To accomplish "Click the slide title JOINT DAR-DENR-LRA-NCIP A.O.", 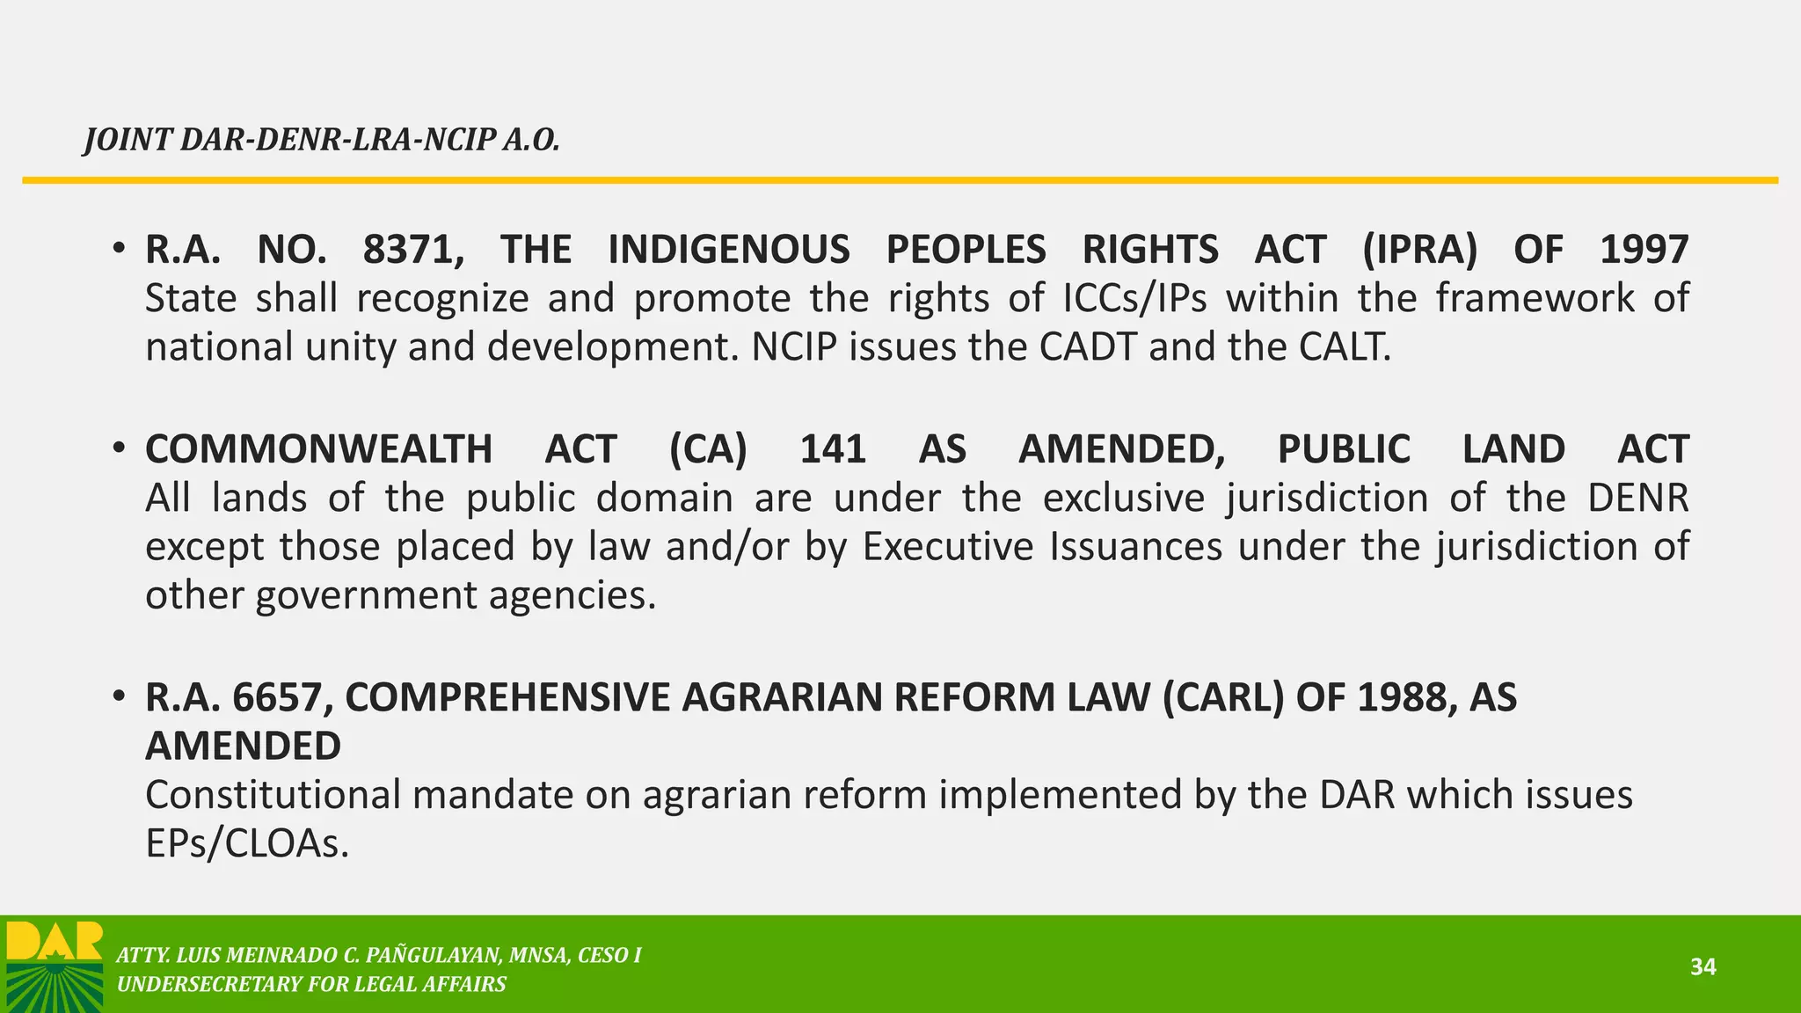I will click(x=322, y=140).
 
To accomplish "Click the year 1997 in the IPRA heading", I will click(x=1644, y=250).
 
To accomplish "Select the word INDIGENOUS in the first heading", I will click(x=729, y=250).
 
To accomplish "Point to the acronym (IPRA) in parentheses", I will click(x=1419, y=250).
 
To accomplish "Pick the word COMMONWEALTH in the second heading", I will click(x=318, y=449).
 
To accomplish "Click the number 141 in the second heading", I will click(x=833, y=449).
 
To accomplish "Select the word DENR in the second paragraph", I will click(x=1638, y=499).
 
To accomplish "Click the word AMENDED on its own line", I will click(x=244, y=747).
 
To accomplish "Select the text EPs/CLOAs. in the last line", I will click(x=247, y=844).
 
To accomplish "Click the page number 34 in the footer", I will click(x=1703, y=967).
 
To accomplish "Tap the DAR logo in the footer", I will click(x=55, y=966).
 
